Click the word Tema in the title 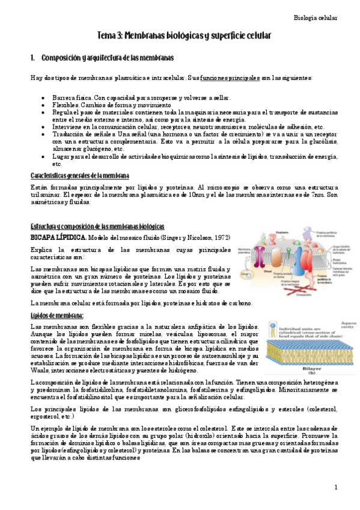point(108,37)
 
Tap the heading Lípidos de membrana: point(57,316)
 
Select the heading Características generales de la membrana point(80,176)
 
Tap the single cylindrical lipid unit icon point(274,328)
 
